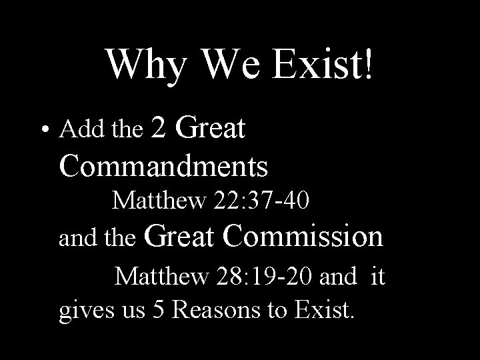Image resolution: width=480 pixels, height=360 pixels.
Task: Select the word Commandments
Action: pyautogui.click(x=163, y=165)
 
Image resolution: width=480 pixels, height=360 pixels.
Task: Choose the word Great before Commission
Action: pyautogui.click(x=180, y=236)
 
